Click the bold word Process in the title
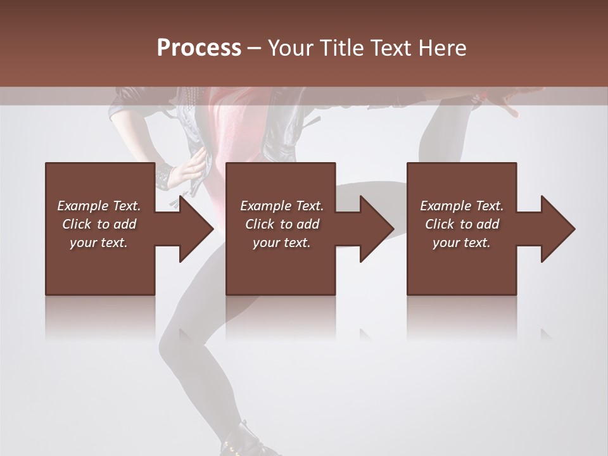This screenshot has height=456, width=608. tap(199, 48)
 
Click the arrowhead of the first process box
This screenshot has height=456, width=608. tap(197, 229)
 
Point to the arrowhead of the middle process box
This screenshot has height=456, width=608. tap(377, 229)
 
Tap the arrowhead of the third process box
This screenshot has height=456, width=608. tap(558, 229)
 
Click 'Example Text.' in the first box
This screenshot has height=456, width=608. tap(99, 205)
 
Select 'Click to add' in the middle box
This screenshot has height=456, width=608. tap(282, 224)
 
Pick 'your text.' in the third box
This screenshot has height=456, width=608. tap(462, 242)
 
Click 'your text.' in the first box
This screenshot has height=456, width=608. tap(99, 242)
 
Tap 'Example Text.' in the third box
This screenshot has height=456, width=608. tap(462, 205)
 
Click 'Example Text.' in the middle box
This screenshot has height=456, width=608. tap(282, 205)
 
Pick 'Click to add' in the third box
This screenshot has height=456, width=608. tap(462, 224)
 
